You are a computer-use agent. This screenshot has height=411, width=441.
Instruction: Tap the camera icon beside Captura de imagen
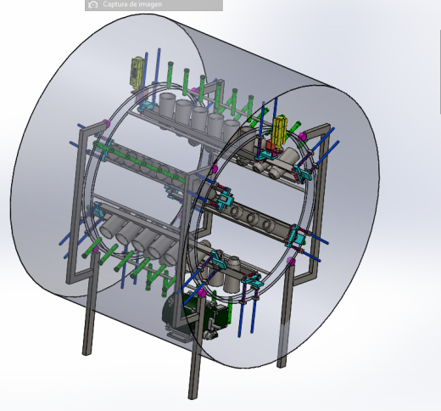point(93,4)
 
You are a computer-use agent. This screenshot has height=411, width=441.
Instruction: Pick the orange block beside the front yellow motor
point(271,145)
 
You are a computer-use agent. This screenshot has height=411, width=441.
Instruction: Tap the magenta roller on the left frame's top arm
point(106,124)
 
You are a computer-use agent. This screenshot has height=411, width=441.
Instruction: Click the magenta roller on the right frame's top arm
point(302,137)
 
